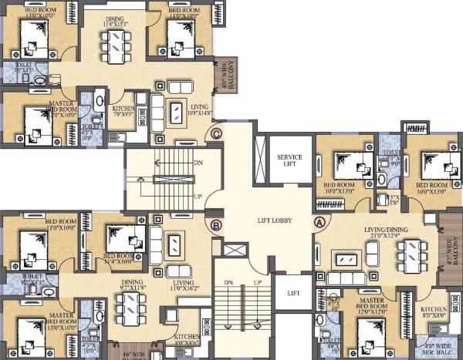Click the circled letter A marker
(319, 221)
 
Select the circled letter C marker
(217, 134)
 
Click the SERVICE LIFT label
(289, 161)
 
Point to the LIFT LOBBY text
(273, 220)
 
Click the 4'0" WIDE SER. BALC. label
(435, 346)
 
